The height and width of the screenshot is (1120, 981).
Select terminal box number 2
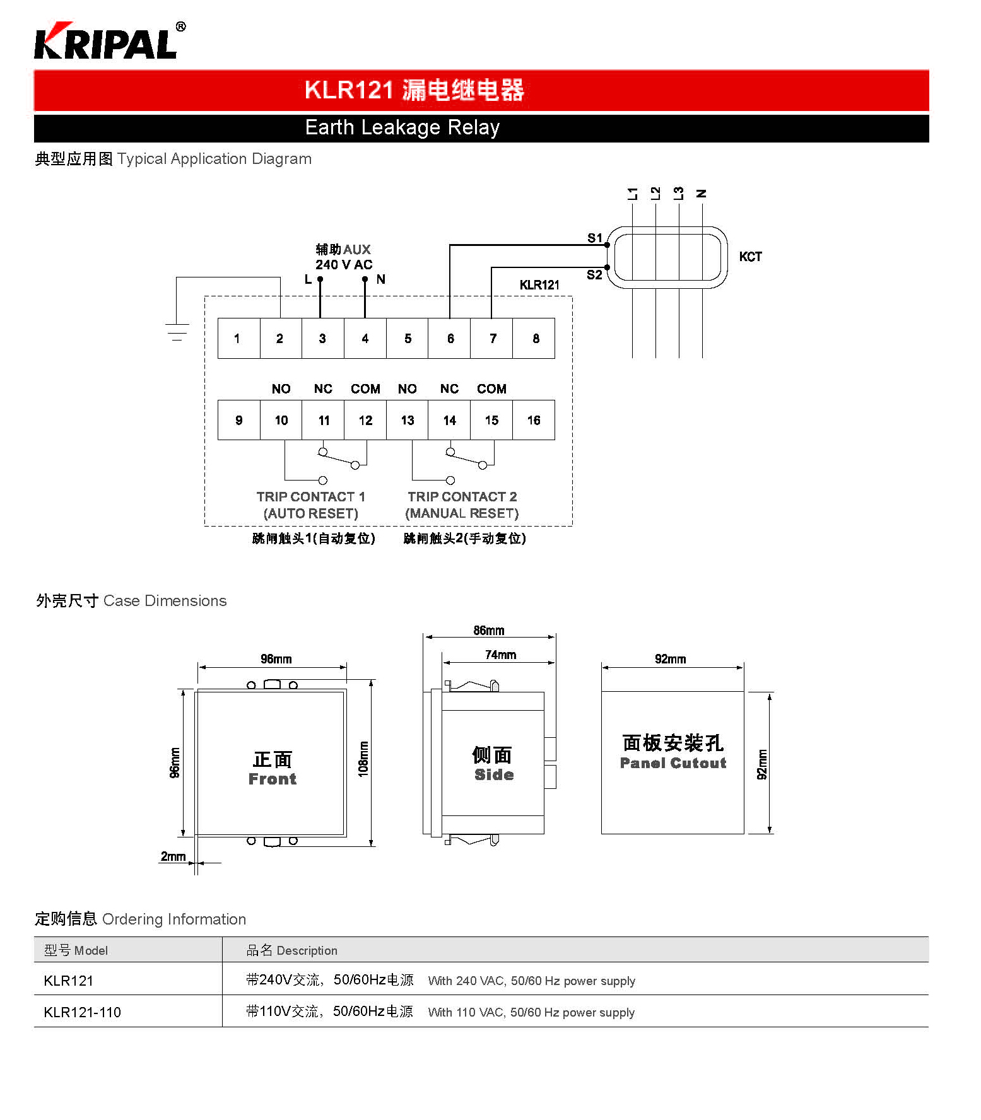pos(281,339)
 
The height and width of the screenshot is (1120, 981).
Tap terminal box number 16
pos(534,420)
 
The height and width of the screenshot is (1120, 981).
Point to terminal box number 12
pos(365,420)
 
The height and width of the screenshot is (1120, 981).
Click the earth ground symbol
pos(177,332)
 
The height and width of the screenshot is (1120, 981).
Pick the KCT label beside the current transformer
pos(751,257)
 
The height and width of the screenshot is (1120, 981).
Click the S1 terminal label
pos(595,238)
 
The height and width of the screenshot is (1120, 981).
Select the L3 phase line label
pos(678,194)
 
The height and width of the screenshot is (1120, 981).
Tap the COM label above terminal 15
pos(491,388)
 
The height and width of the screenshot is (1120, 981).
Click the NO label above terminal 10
pos(281,388)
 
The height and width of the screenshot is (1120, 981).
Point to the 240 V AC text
pos(344,265)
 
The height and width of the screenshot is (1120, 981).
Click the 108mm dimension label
pos(363,759)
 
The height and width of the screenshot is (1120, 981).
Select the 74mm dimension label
pos(500,655)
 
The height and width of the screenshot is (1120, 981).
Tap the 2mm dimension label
pos(173,856)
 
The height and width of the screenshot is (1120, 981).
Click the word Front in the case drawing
pos(273,779)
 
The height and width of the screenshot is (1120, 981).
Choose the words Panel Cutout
pos(673,763)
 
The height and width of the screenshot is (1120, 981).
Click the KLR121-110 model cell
pos(83,1012)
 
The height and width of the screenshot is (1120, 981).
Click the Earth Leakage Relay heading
pos(402,127)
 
